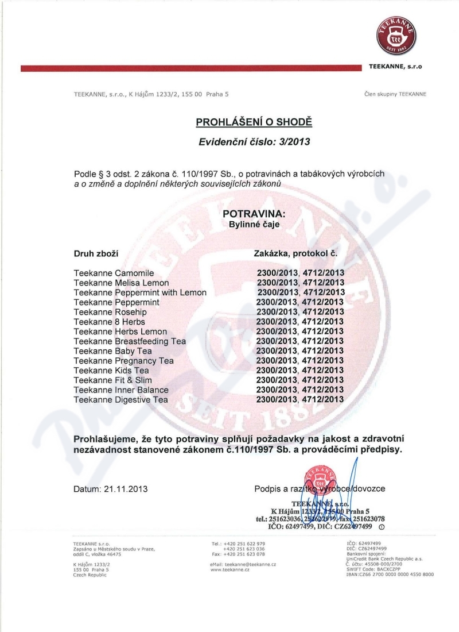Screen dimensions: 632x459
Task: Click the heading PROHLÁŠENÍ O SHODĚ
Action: pos(254,122)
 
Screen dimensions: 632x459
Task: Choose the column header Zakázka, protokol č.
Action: pos(298,253)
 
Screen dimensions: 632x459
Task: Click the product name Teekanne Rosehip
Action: pos(107,312)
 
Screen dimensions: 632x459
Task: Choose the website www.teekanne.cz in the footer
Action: pos(230,571)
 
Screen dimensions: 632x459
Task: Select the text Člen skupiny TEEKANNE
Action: pos(395,94)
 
